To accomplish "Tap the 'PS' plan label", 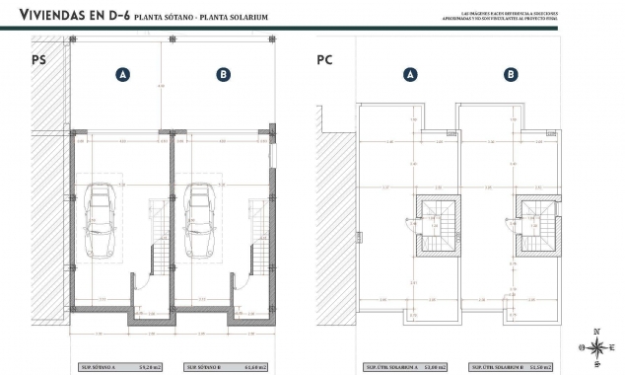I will (39, 59).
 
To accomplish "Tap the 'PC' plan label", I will (324, 59).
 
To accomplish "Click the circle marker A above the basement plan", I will (122, 74).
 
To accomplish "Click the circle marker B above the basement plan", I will (224, 74).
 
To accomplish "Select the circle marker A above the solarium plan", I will (411, 74).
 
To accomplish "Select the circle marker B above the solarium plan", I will (511, 74).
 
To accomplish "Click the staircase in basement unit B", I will (256, 229).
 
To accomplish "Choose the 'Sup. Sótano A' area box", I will (121, 367).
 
